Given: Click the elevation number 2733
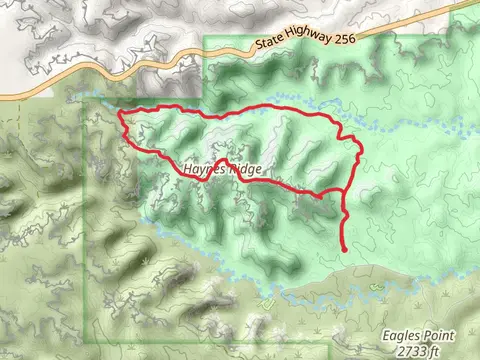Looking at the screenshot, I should click(x=409, y=351).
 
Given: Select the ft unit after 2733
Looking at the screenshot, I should click(x=436, y=351).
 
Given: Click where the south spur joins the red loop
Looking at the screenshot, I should click(x=341, y=189).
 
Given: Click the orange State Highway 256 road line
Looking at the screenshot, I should click(x=180, y=55).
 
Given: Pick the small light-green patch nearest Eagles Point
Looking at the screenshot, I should click(x=266, y=303).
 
